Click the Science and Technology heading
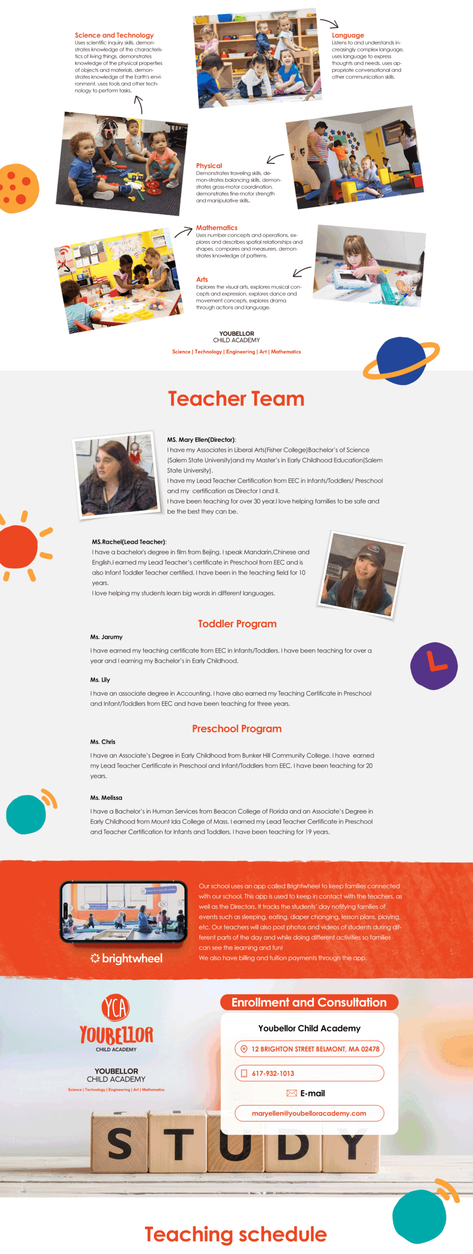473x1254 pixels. tap(114, 35)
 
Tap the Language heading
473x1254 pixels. tap(348, 35)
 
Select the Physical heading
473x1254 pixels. tap(209, 166)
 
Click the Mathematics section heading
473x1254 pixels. tap(217, 228)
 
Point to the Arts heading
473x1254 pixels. tap(202, 279)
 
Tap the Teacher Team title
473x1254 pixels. tap(236, 399)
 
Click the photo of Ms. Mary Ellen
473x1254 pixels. tap(118, 475)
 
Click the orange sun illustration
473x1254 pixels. tap(19, 546)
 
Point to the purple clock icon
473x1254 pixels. tap(434, 666)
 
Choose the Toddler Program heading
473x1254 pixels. tap(237, 624)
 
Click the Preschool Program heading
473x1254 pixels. tap(237, 728)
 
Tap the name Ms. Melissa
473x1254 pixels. tap(106, 797)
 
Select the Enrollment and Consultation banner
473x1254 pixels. tap(309, 1002)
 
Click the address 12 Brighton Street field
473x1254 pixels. tap(309, 1049)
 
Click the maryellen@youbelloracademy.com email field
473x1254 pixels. tap(309, 1113)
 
